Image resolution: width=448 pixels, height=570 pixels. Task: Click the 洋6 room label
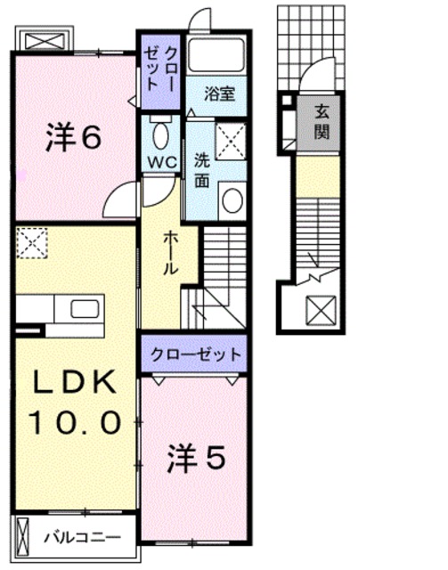[x=73, y=138]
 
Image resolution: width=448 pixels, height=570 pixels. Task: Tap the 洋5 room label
[x=196, y=459]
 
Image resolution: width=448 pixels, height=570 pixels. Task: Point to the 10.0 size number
[x=75, y=422]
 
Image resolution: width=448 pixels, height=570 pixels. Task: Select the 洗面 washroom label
[x=202, y=166]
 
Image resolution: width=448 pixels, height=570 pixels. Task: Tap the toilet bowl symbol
[x=161, y=134]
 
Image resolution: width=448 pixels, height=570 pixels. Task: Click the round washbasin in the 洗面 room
[x=232, y=199]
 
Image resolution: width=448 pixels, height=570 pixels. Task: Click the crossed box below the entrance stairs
[x=319, y=310]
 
